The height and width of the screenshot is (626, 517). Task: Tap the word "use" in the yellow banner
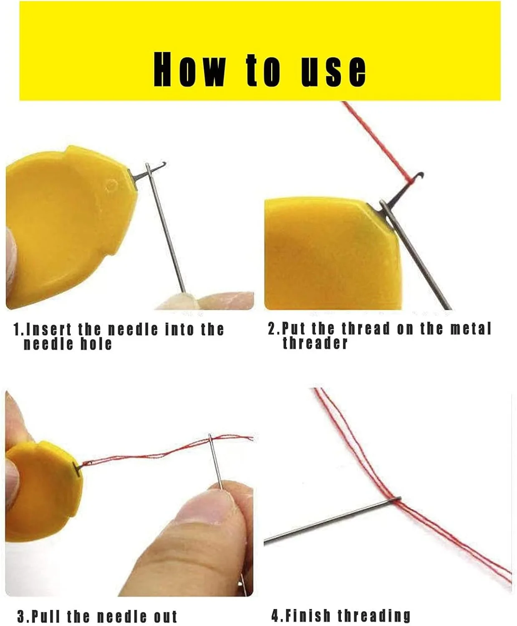333,71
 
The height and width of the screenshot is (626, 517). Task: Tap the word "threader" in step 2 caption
315,343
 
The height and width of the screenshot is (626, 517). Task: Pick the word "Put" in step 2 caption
293,328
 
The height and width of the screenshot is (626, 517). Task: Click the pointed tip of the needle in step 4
265,542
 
